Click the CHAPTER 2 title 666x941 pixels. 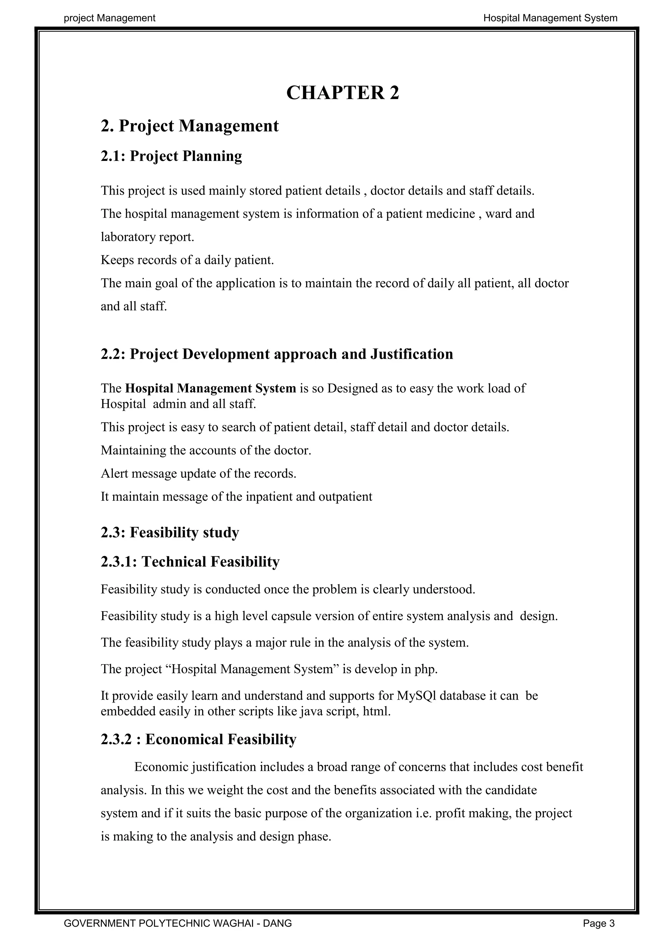pyautogui.click(x=342, y=93)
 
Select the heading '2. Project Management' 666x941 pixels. pyautogui.click(x=190, y=126)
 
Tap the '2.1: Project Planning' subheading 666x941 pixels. pyautogui.click(x=171, y=156)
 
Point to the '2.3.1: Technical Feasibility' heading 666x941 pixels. pyautogui.click(x=190, y=561)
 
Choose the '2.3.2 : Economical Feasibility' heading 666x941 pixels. pyautogui.click(x=198, y=739)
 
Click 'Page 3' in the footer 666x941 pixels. pyautogui.click(x=599, y=923)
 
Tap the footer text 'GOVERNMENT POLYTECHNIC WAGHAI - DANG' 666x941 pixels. pyautogui.click(x=178, y=923)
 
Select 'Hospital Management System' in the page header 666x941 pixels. pyautogui.click(x=550, y=18)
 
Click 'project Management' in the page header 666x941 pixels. pyautogui.click(x=110, y=18)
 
